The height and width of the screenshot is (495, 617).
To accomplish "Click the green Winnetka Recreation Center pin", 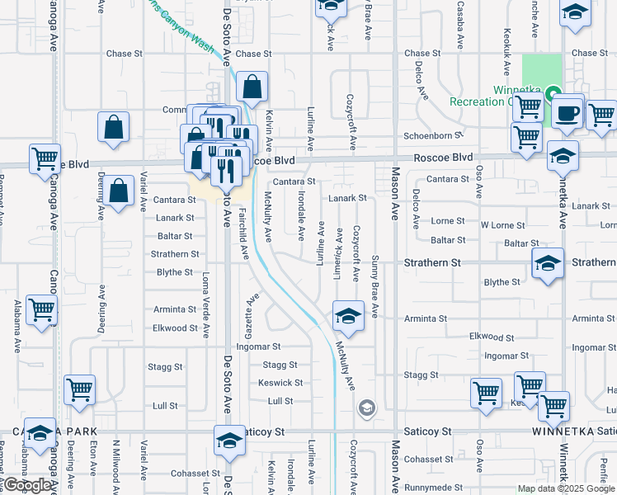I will click(554, 93).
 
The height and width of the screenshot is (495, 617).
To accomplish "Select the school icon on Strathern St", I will click(547, 265).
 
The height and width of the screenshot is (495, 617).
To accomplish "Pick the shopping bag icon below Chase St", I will click(252, 86).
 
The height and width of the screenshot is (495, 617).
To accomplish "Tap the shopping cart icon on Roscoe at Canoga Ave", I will click(45, 158).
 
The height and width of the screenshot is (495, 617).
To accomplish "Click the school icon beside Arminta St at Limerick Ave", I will click(348, 316).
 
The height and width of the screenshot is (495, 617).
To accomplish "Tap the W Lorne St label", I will click(502, 225).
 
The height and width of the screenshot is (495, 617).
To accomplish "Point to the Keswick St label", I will click(280, 383).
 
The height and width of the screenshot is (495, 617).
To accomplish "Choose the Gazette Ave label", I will click(252, 309).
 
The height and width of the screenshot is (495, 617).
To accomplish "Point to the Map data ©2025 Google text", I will click(565, 488).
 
